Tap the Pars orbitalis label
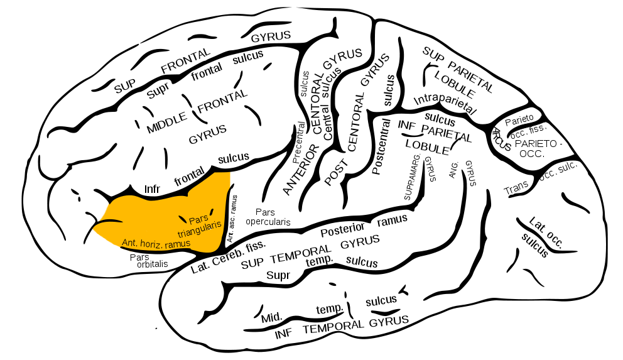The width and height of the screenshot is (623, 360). (x=149, y=260)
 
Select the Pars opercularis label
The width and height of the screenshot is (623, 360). (x=268, y=217)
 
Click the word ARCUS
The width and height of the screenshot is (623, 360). (x=501, y=139)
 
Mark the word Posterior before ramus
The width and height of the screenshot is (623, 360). (x=342, y=229)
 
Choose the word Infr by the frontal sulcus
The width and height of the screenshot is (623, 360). (x=153, y=188)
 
